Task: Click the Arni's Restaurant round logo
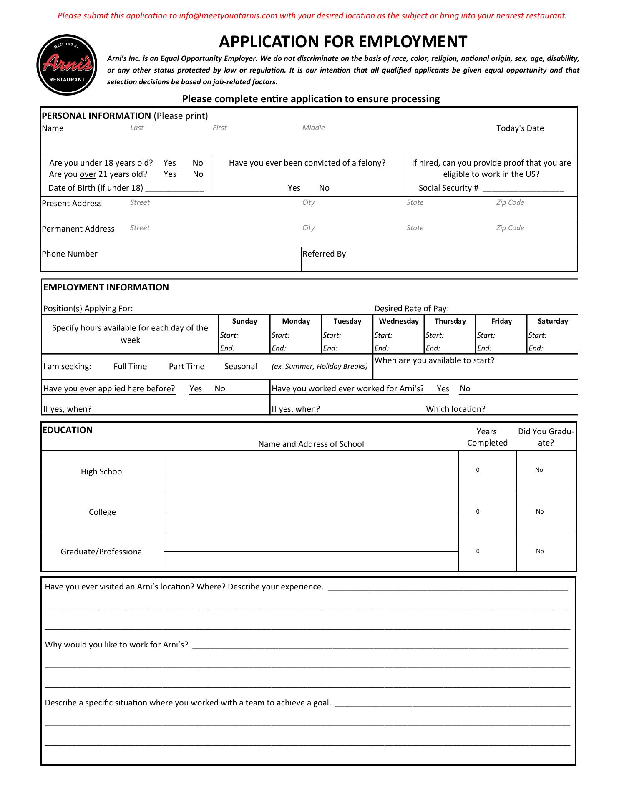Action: (67, 65)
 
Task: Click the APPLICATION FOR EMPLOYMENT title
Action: (343, 42)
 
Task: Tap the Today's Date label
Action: (520, 128)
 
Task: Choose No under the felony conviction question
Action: (324, 188)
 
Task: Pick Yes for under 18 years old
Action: (170, 163)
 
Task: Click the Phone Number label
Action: (70, 254)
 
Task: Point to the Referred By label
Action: (324, 254)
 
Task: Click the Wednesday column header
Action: (398, 321)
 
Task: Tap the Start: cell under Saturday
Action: (537, 335)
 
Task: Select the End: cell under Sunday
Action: (227, 348)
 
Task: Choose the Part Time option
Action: (186, 367)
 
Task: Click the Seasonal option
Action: (240, 367)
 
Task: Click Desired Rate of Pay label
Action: (411, 309)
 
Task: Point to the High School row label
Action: (102, 472)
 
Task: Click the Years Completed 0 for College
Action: (478, 512)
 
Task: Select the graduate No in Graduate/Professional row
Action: (540, 552)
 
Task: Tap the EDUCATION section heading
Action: (68, 430)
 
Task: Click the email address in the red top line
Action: (228, 16)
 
